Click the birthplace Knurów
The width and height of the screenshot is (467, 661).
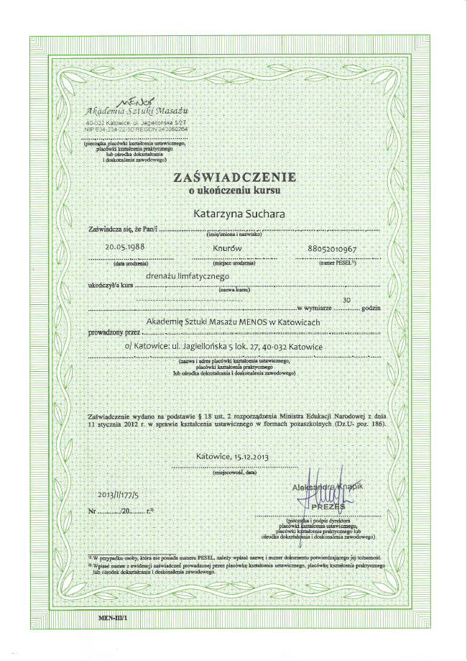[x=226, y=247]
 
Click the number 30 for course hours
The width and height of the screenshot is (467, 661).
[x=348, y=299]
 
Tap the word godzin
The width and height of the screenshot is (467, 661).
[x=371, y=308]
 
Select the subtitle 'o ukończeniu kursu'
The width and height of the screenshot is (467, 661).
[x=233, y=191]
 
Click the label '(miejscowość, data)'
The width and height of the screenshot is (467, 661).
[x=234, y=473]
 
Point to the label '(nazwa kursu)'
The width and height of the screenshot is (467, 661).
[x=233, y=289]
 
